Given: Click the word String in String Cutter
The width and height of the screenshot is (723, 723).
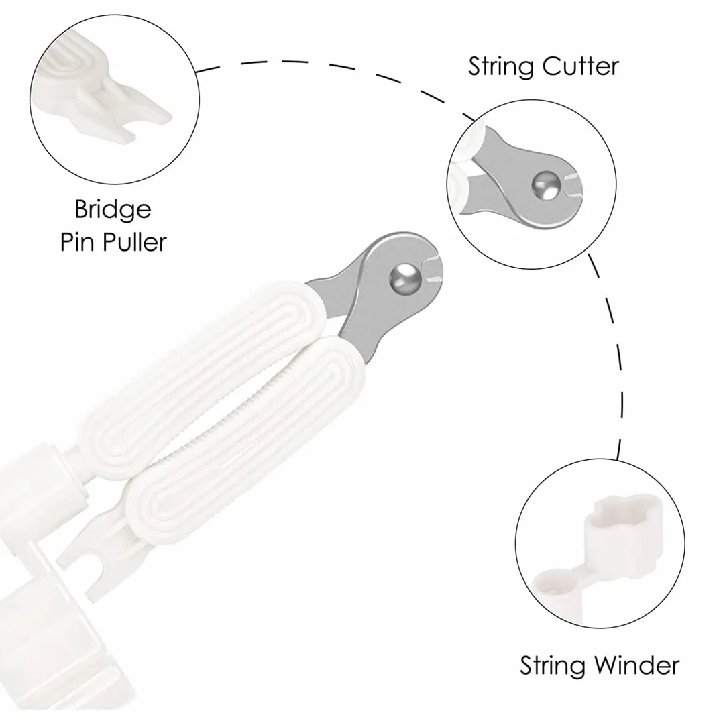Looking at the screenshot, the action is tap(501, 68).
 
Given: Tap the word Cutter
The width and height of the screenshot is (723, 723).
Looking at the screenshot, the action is tap(581, 67).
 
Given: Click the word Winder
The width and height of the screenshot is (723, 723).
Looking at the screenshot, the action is tap(636, 666).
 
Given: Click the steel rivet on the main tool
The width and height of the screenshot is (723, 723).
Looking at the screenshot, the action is tap(405, 278).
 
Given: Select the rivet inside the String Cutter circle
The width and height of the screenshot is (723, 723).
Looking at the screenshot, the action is tap(546, 186).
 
